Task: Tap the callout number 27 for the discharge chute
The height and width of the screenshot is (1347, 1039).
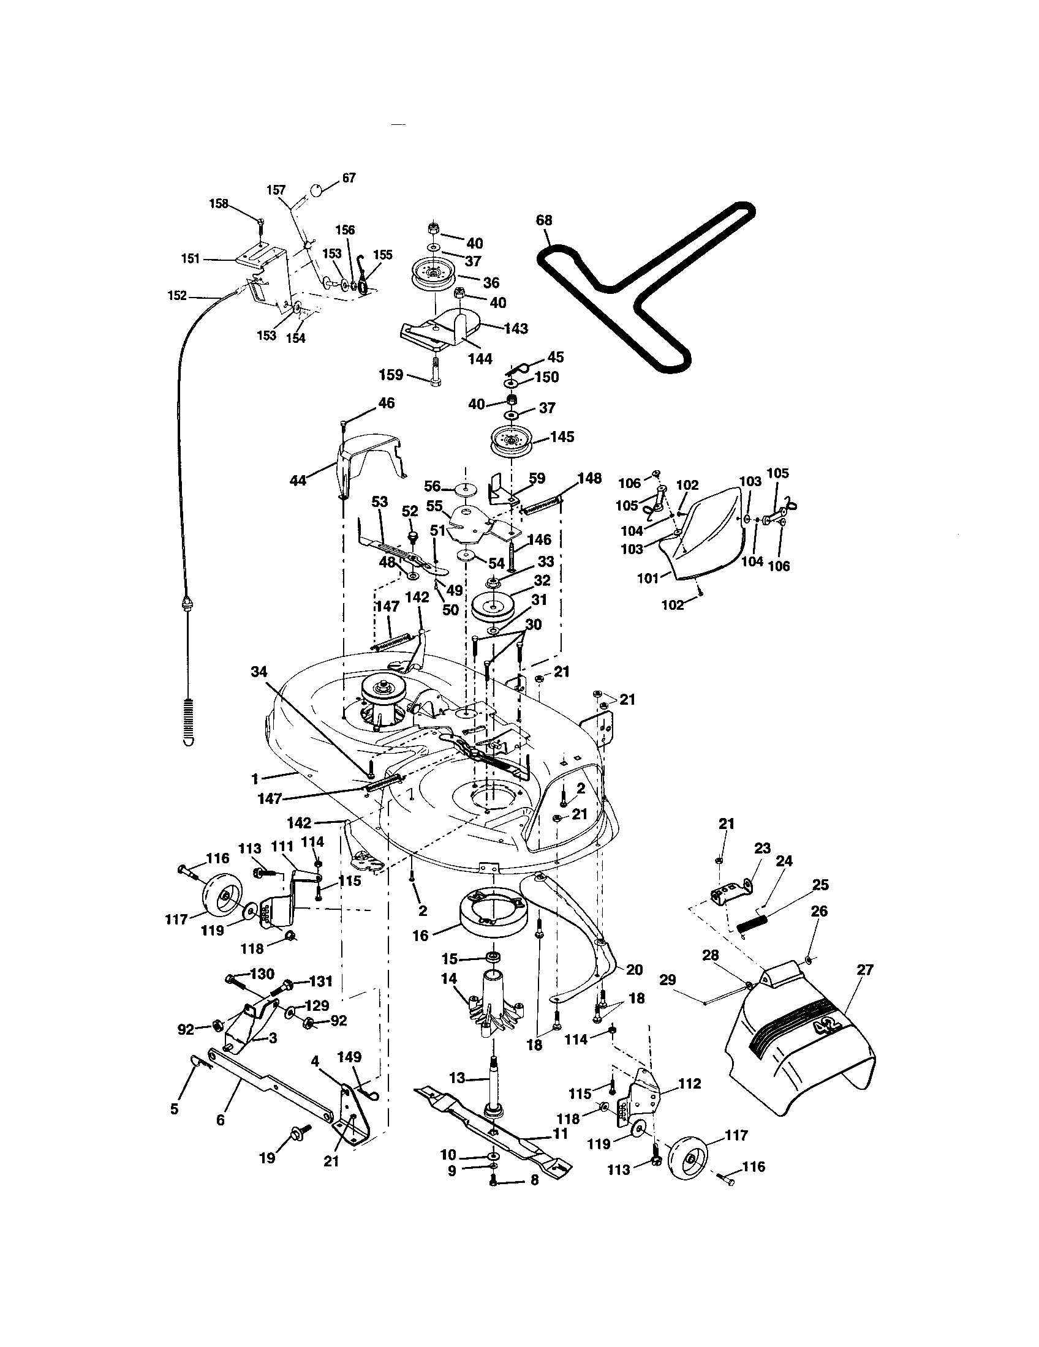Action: point(865,970)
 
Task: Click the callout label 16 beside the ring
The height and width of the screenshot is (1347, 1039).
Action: point(420,936)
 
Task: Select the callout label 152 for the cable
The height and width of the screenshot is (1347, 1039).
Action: point(177,296)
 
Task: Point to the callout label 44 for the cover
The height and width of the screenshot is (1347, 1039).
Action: point(298,480)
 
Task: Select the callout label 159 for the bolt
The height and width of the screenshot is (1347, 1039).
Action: point(391,374)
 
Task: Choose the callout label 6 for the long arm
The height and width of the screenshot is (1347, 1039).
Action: point(221,1119)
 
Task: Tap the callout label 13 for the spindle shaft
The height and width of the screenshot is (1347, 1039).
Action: point(457,1078)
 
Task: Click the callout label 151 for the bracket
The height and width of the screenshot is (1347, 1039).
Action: point(191,258)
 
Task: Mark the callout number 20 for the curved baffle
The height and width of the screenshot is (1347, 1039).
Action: point(634,970)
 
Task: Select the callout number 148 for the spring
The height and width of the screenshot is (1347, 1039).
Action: point(589,479)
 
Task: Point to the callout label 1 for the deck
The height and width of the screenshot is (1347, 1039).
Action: point(255,779)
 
